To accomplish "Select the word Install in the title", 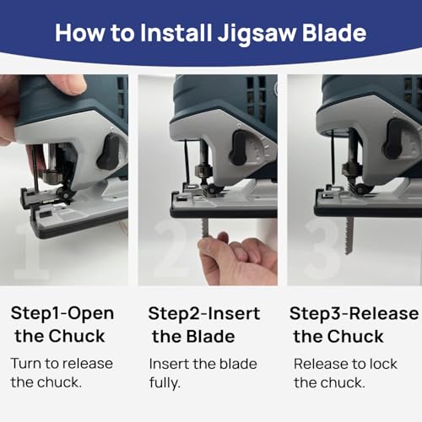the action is (x=176, y=33).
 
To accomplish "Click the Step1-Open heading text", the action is (x=62, y=314).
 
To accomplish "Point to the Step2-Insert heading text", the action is (x=204, y=314).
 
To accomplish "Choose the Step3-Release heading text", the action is (x=354, y=314).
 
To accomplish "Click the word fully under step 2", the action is (x=165, y=382).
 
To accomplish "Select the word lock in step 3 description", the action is (x=383, y=364).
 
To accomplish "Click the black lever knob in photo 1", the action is (x=109, y=152).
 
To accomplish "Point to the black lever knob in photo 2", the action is (x=238, y=148).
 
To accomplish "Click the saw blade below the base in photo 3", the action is (x=349, y=235).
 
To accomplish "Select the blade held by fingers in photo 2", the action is (x=205, y=228).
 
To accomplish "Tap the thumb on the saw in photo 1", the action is (x=68, y=84).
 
